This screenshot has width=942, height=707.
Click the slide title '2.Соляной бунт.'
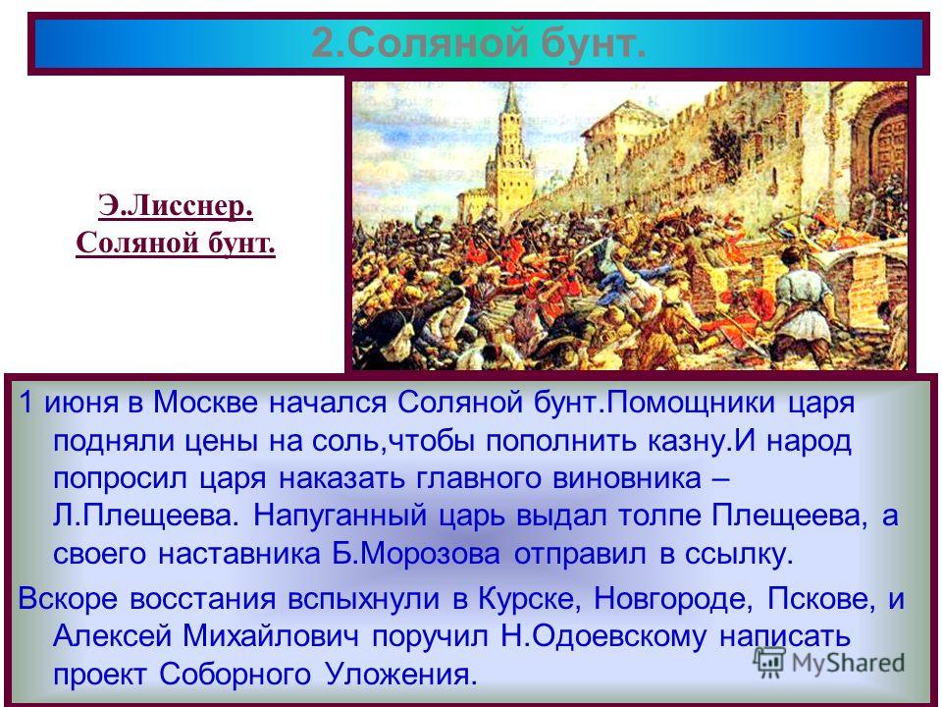coord(479,43)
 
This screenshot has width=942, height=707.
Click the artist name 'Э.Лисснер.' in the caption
coord(176,205)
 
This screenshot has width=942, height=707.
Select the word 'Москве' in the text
coord(205,403)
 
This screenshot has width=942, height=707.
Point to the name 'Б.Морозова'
coord(416,554)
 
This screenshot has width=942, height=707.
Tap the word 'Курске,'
coord(526,598)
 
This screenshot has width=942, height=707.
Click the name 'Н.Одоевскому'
coord(603,636)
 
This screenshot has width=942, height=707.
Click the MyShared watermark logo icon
coord(769,663)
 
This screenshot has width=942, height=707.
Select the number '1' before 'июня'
coord(26,403)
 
